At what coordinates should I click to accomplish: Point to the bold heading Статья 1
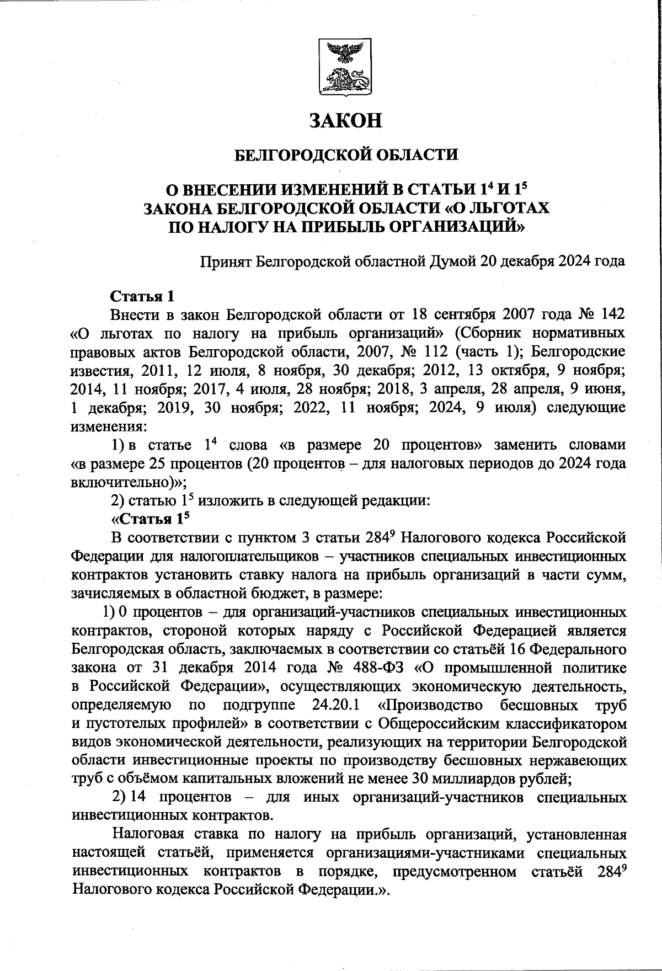click(142, 296)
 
